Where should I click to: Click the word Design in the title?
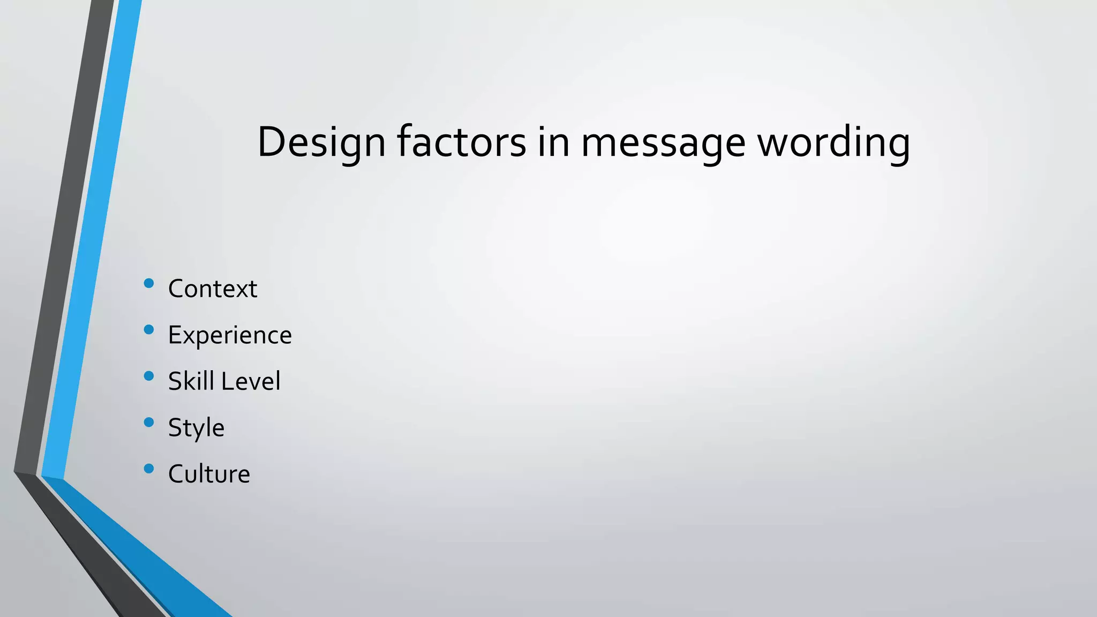click(321, 142)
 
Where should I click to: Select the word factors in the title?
click(461, 142)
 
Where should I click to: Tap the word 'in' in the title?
click(553, 142)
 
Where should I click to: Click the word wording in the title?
click(833, 142)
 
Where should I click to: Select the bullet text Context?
click(213, 289)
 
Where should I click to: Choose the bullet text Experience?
click(230, 335)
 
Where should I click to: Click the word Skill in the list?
click(191, 381)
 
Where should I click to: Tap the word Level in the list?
click(251, 381)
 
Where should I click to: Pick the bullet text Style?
click(196, 428)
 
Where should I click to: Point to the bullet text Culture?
click(209, 474)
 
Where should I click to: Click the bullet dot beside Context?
click(149, 283)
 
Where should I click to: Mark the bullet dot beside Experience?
click(149, 329)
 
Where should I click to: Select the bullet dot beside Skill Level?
click(149, 376)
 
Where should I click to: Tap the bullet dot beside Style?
click(149, 423)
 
